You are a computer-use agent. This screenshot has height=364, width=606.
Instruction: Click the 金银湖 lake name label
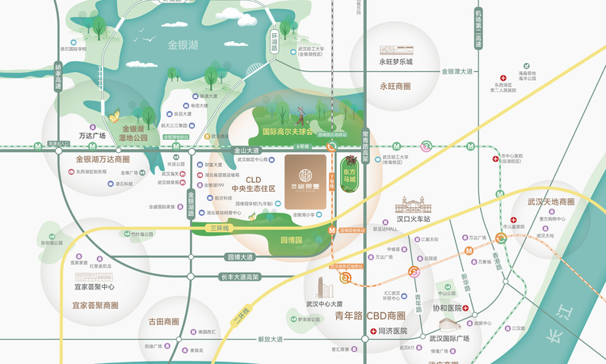point(182,46)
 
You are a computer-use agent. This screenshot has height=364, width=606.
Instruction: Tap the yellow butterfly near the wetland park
point(114,116)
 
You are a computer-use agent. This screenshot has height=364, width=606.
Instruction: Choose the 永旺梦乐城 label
point(396,61)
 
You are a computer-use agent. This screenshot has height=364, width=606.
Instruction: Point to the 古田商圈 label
point(163,321)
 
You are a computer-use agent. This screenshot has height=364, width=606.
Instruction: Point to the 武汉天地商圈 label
point(551,201)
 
